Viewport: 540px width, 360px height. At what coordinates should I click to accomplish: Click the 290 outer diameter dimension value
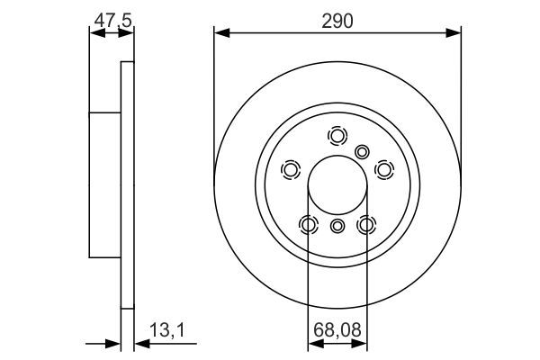[337, 18]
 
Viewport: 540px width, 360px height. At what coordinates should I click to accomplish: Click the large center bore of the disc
[337, 186]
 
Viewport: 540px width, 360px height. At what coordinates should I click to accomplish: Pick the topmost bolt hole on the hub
[337, 136]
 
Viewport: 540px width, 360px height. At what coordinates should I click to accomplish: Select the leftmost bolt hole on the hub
[291, 170]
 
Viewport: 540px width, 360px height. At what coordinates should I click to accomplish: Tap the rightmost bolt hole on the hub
[384, 169]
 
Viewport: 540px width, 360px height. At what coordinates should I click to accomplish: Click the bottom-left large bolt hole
[309, 224]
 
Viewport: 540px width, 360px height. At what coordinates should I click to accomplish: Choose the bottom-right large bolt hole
[366, 224]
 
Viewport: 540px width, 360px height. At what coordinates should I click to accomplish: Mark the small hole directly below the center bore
[337, 226]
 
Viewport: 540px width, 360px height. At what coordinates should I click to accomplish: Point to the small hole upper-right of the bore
[363, 152]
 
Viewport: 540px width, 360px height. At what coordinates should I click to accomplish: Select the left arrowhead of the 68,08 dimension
[314, 342]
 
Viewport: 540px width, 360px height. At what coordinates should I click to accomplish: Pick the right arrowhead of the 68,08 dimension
[361, 342]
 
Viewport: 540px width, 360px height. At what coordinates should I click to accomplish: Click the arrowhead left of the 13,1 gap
[114, 342]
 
